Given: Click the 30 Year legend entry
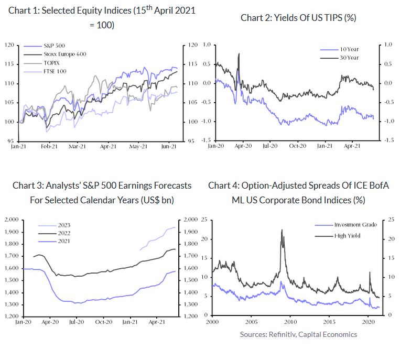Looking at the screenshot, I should coord(349,58).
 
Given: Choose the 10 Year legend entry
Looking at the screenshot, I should coord(349,49).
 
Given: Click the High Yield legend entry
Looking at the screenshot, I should coord(348,236).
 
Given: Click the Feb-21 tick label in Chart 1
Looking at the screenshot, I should coord(48,147).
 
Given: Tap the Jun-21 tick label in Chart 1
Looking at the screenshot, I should coord(168,147).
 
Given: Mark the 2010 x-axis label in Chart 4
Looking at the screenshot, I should coord(290,321).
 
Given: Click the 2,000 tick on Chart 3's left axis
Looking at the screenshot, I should coord(12,220).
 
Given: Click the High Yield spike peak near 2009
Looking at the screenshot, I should coord(282,230).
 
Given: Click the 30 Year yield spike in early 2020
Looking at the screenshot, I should coord(239,53).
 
